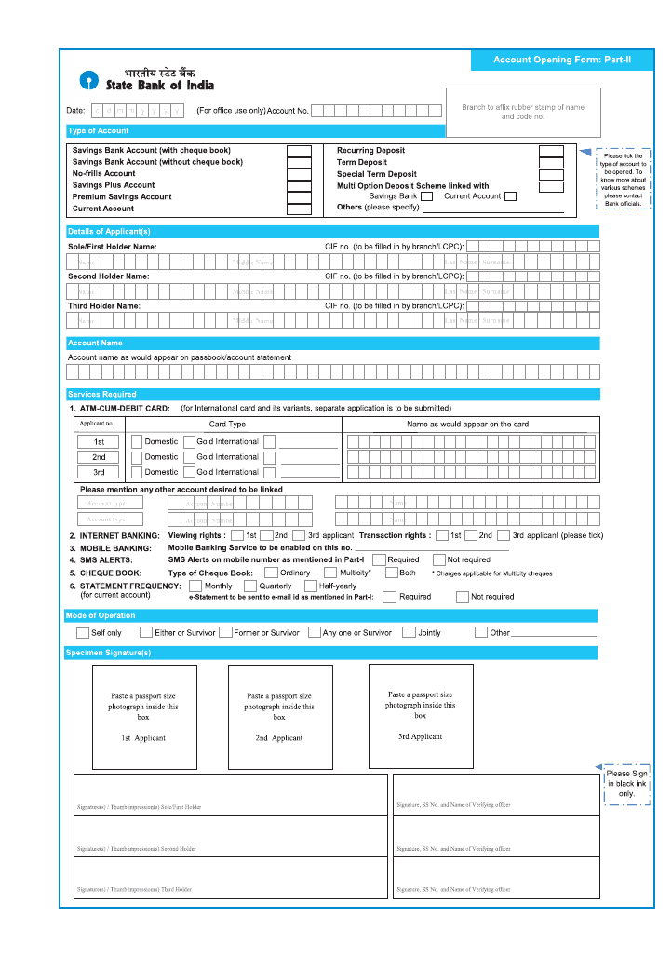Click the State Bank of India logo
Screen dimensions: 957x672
tap(87, 79)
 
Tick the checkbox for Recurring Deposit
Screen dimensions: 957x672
tap(551, 151)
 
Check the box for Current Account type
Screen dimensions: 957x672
tap(299, 209)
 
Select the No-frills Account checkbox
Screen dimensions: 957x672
tap(299, 174)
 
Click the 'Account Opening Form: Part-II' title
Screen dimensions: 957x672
tap(562, 60)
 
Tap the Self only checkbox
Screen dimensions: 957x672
tap(83, 633)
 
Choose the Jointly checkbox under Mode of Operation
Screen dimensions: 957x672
tap(409, 633)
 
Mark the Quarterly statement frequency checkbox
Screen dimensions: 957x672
tap(250, 586)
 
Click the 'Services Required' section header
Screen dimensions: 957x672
tap(102, 395)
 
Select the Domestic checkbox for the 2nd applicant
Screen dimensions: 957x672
tap(137, 457)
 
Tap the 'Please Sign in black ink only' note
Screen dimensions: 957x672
tap(626, 784)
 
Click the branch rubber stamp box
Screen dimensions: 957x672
tap(523, 113)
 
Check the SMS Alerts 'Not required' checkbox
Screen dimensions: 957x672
tap(438, 560)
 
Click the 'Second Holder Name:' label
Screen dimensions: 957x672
tap(108, 276)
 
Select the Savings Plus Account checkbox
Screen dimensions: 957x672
tap(299, 185)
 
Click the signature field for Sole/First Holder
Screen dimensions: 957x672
tap(231, 793)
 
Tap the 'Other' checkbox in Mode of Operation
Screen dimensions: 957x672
tap(480, 633)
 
